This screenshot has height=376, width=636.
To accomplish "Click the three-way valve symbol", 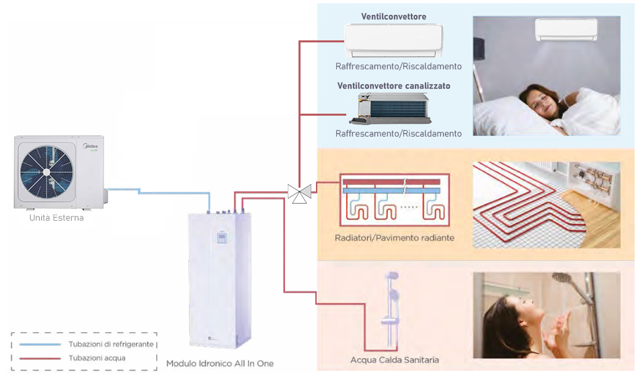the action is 299,194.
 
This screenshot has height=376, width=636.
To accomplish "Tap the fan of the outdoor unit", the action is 46,172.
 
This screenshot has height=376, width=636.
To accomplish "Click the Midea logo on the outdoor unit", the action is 91,147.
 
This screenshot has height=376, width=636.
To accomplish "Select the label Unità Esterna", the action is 56,218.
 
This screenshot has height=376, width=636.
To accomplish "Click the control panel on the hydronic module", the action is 221,237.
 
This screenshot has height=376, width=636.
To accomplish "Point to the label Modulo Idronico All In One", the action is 220,363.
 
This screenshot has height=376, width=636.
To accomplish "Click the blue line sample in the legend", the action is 40,344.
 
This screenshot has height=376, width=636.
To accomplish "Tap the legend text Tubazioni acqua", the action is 97,358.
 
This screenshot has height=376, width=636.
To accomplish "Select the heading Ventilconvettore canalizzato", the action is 394,86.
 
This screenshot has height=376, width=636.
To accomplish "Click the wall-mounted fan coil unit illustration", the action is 393,40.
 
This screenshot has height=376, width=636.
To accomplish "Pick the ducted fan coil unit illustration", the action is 390,108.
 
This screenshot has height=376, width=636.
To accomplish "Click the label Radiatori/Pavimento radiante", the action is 394,237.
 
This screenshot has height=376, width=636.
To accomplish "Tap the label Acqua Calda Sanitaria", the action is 395,360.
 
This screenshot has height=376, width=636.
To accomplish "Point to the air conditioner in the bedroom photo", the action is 566,30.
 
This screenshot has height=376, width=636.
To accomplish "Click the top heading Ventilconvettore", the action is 393,17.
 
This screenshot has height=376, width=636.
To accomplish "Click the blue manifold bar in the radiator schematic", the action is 391,190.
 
